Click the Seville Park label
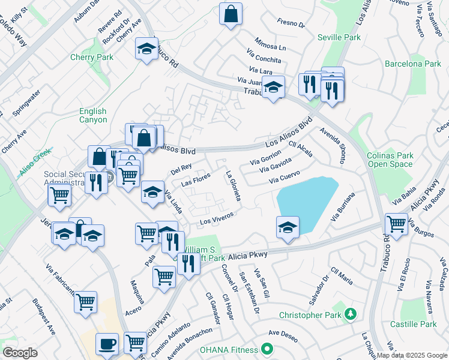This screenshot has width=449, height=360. [x=340, y=37]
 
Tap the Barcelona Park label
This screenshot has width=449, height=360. [x=412, y=64]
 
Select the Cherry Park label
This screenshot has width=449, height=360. [x=95, y=58]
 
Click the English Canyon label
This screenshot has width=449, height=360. [x=93, y=115]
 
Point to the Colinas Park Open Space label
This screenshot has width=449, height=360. [x=390, y=160]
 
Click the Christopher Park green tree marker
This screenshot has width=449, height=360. [x=351, y=314]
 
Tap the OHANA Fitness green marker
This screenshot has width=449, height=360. [x=267, y=349]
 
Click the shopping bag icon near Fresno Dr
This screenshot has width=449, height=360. [x=231, y=14]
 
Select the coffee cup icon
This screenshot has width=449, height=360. [x=107, y=344]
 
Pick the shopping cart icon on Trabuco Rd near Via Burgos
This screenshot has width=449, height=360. [x=396, y=224]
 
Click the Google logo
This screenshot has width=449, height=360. [x=20, y=353]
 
